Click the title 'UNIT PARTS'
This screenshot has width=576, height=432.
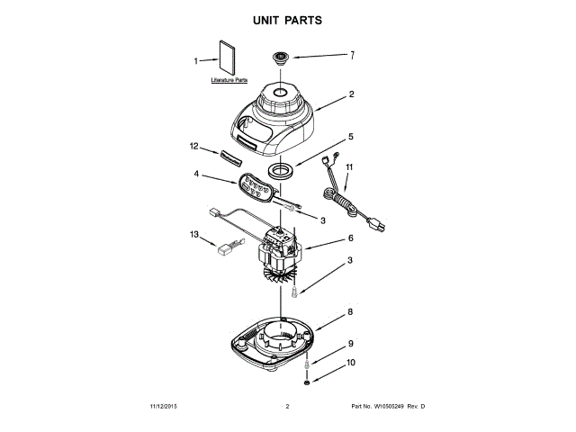288,19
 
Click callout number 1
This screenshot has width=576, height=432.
197,61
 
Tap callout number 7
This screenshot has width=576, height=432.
352,55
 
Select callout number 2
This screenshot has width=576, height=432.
352,94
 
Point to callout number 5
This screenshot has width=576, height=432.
351,137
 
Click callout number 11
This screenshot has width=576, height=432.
350,167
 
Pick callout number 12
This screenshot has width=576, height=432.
193,146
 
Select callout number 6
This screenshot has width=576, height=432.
351,238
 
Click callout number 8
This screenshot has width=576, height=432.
351,313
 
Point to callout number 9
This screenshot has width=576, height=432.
351,344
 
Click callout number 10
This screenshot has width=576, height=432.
351,363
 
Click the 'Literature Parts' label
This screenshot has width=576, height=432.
229,80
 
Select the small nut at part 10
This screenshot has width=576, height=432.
308,382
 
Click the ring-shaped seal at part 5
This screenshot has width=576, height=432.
285,169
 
